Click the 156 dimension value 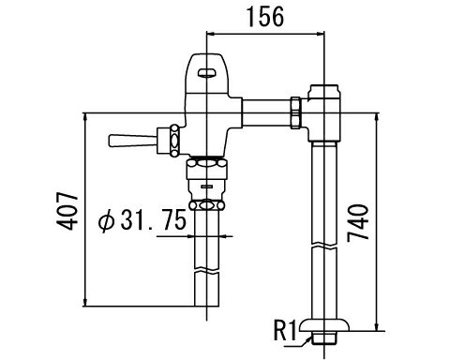click(x=265, y=17)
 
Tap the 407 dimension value click(x=67, y=212)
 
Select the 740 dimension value click(x=358, y=223)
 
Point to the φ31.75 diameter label click(x=142, y=220)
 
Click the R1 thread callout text click(x=285, y=330)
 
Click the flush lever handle click(x=132, y=141)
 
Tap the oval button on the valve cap click(x=207, y=73)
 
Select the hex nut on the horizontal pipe click(x=295, y=112)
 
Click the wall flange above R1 click(x=324, y=324)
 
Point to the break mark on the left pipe click(x=207, y=270)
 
